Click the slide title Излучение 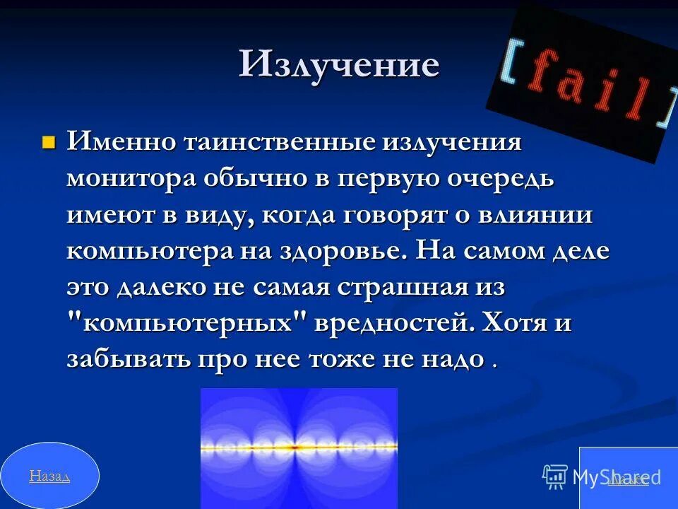[x=339, y=65]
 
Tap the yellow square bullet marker [x=49, y=143]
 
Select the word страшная [x=403, y=288]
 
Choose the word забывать [x=128, y=360]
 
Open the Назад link [x=49, y=476]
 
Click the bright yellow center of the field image [x=297, y=447]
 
